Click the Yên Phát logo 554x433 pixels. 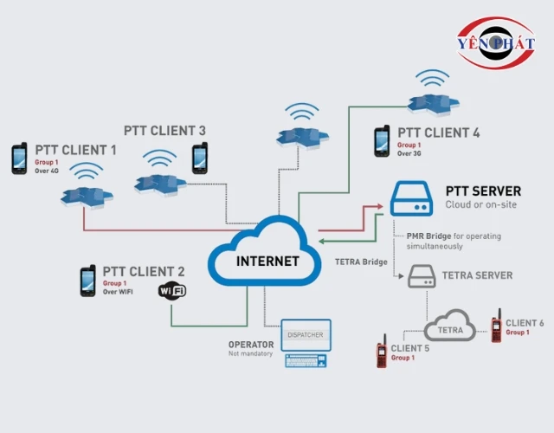click(x=496, y=43)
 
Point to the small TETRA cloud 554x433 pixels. click(x=449, y=326)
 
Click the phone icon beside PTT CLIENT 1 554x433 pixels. click(x=19, y=158)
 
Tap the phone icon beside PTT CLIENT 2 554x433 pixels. click(x=87, y=281)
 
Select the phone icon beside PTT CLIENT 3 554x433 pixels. click(x=200, y=158)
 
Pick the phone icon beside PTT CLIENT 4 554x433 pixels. click(x=381, y=141)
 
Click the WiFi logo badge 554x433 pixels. click(x=171, y=291)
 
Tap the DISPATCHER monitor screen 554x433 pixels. click(x=305, y=334)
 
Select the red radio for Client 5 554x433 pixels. click(x=381, y=351)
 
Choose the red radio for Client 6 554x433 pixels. click(x=496, y=326)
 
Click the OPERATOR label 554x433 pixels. click(x=251, y=345)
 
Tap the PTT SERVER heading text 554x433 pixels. click(x=483, y=191)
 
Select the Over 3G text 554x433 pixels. click(x=409, y=153)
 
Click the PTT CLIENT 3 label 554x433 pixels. click(x=164, y=131)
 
